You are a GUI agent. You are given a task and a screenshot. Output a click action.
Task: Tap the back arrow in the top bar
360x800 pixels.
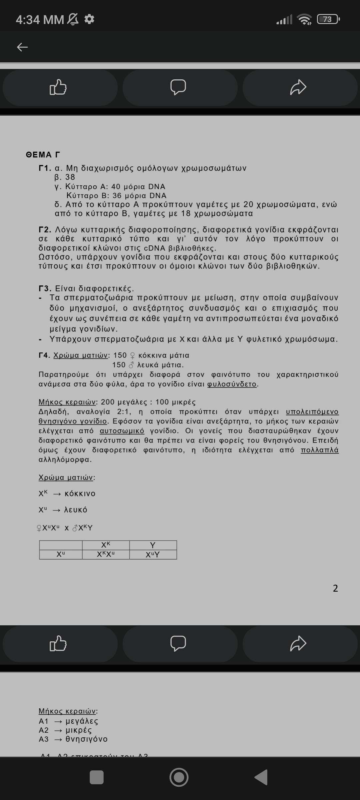tap(22, 47)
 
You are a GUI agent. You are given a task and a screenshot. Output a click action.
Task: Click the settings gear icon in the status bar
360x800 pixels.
tap(89, 19)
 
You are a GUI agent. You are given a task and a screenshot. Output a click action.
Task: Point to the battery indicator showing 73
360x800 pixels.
tap(328, 19)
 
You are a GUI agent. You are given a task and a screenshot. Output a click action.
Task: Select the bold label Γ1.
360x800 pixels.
tap(45, 168)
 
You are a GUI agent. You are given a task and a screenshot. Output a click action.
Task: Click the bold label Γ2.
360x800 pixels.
tap(45, 230)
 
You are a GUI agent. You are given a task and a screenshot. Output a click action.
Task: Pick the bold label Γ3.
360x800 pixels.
tap(45, 288)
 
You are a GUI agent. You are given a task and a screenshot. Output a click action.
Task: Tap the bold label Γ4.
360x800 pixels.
tap(45, 355)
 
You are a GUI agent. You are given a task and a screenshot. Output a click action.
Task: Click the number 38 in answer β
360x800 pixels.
tap(70, 177)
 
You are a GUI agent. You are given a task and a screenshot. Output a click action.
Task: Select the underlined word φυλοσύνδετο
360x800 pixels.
tap(232, 384)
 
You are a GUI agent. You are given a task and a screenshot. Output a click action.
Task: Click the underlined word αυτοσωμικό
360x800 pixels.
tap(122, 431)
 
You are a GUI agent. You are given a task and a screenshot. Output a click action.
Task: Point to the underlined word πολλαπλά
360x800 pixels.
tap(319, 450)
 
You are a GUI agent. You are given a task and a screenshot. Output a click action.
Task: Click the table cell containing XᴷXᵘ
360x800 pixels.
tap(106, 554)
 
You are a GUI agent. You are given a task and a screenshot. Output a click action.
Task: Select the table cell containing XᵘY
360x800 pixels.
tap(153, 554)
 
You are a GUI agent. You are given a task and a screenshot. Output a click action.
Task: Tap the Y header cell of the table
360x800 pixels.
tap(153, 545)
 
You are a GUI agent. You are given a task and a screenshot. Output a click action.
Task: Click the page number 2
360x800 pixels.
tap(335, 588)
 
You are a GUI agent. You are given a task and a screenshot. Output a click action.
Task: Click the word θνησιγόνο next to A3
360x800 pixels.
tap(86, 739)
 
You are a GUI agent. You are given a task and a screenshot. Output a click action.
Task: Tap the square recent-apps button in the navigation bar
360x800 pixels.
tap(97, 778)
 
